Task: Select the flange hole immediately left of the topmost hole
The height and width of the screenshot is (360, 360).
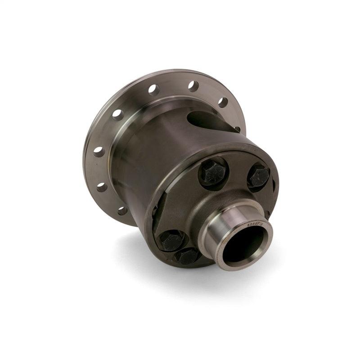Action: click(153, 90)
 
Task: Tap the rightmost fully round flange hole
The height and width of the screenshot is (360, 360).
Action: click(223, 102)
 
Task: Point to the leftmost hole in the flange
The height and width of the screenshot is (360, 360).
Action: click(99, 152)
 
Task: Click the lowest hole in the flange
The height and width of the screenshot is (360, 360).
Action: click(122, 210)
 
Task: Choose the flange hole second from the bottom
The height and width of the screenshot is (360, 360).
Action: click(102, 186)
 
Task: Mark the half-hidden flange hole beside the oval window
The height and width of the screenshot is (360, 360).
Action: click(237, 129)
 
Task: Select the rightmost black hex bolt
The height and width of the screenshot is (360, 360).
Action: click(259, 176)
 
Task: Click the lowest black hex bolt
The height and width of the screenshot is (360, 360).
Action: click(188, 256)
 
